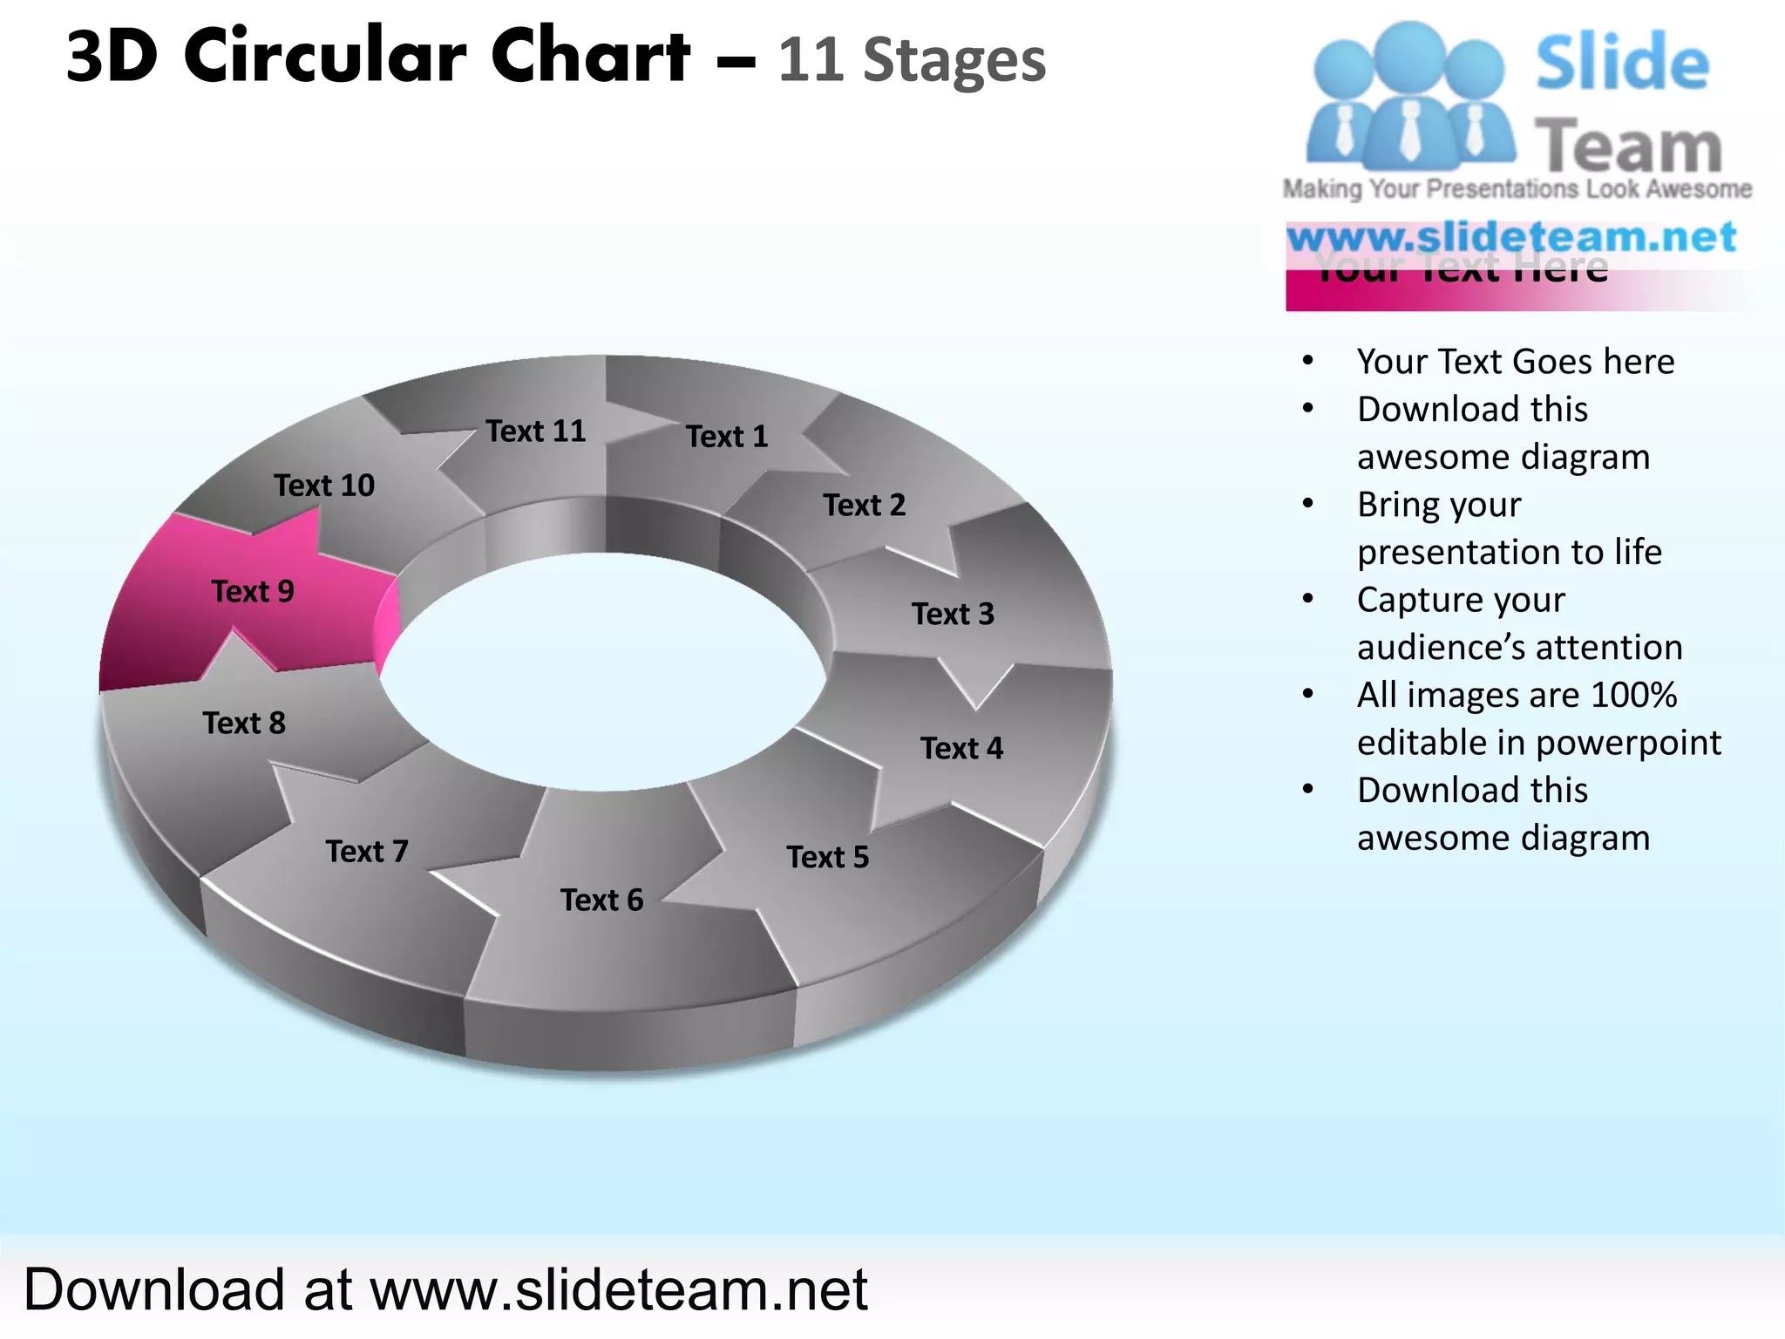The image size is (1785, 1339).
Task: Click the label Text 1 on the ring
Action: click(727, 436)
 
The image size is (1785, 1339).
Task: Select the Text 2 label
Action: click(864, 505)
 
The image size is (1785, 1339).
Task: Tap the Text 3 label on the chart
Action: click(953, 614)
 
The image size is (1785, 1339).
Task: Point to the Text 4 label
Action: click(961, 748)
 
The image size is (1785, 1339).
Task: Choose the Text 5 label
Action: click(828, 857)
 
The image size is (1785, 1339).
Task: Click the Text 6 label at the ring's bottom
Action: click(601, 900)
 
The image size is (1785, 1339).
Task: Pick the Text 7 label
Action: click(367, 851)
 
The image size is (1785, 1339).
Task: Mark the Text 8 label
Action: click(244, 723)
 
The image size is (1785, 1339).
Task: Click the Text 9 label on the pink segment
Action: click(253, 591)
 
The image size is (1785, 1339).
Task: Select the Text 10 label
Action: click(324, 485)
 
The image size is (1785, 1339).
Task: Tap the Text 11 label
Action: click(536, 431)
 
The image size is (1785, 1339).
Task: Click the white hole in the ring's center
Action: click(601, 671)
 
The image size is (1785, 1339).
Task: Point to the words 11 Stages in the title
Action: click(911, 61)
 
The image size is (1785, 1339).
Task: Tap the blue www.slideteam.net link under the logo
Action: click(1512, 237)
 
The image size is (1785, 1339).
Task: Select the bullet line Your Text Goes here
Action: click(1516, 362)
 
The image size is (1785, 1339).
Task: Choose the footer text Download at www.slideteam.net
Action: click(445, 1289)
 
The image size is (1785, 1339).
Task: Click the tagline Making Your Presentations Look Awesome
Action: click(1517, 189)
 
